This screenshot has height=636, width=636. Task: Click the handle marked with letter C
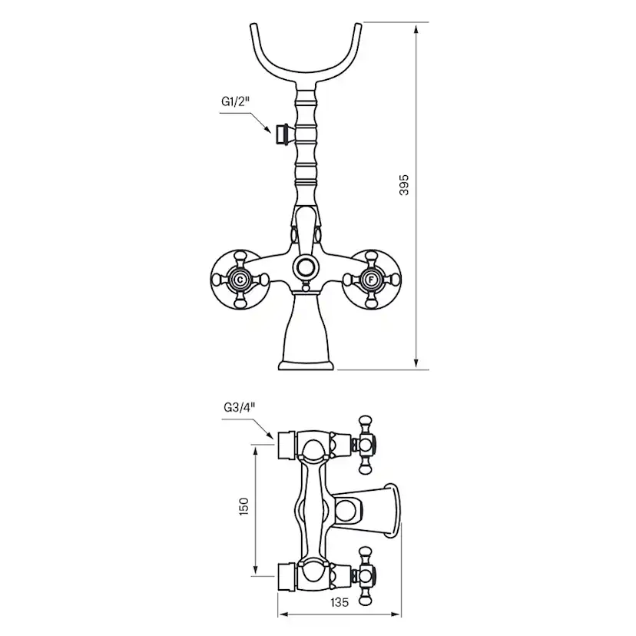(240, 280)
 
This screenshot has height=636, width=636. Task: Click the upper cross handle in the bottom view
(366, 442)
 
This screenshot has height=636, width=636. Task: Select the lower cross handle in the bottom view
(366, 573)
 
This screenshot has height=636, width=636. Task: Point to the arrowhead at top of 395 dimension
(416, 29)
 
